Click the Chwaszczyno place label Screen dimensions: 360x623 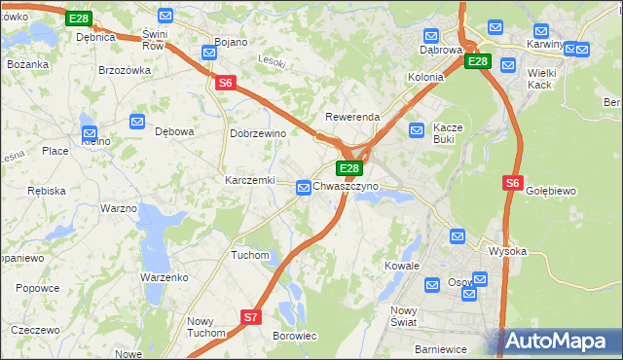[x=346, y=185]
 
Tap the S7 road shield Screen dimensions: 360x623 [x=251, y=316]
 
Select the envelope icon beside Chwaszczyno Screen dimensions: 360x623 [x=304, y=186]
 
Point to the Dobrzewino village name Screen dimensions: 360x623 [x=257, y=133]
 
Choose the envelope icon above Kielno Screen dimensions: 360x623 [x=90, y=133]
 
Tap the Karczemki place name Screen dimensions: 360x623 [x=250, y=181]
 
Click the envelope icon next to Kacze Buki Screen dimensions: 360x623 [x=417, y=128]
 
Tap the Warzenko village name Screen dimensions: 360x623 [x=164, y=277]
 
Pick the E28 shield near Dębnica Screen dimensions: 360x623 [x=79, y=18]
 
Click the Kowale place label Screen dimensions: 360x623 [x=401, y=266]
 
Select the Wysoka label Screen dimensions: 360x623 [x=507, y=251]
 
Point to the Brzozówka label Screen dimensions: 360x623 [x=126, y=70]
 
